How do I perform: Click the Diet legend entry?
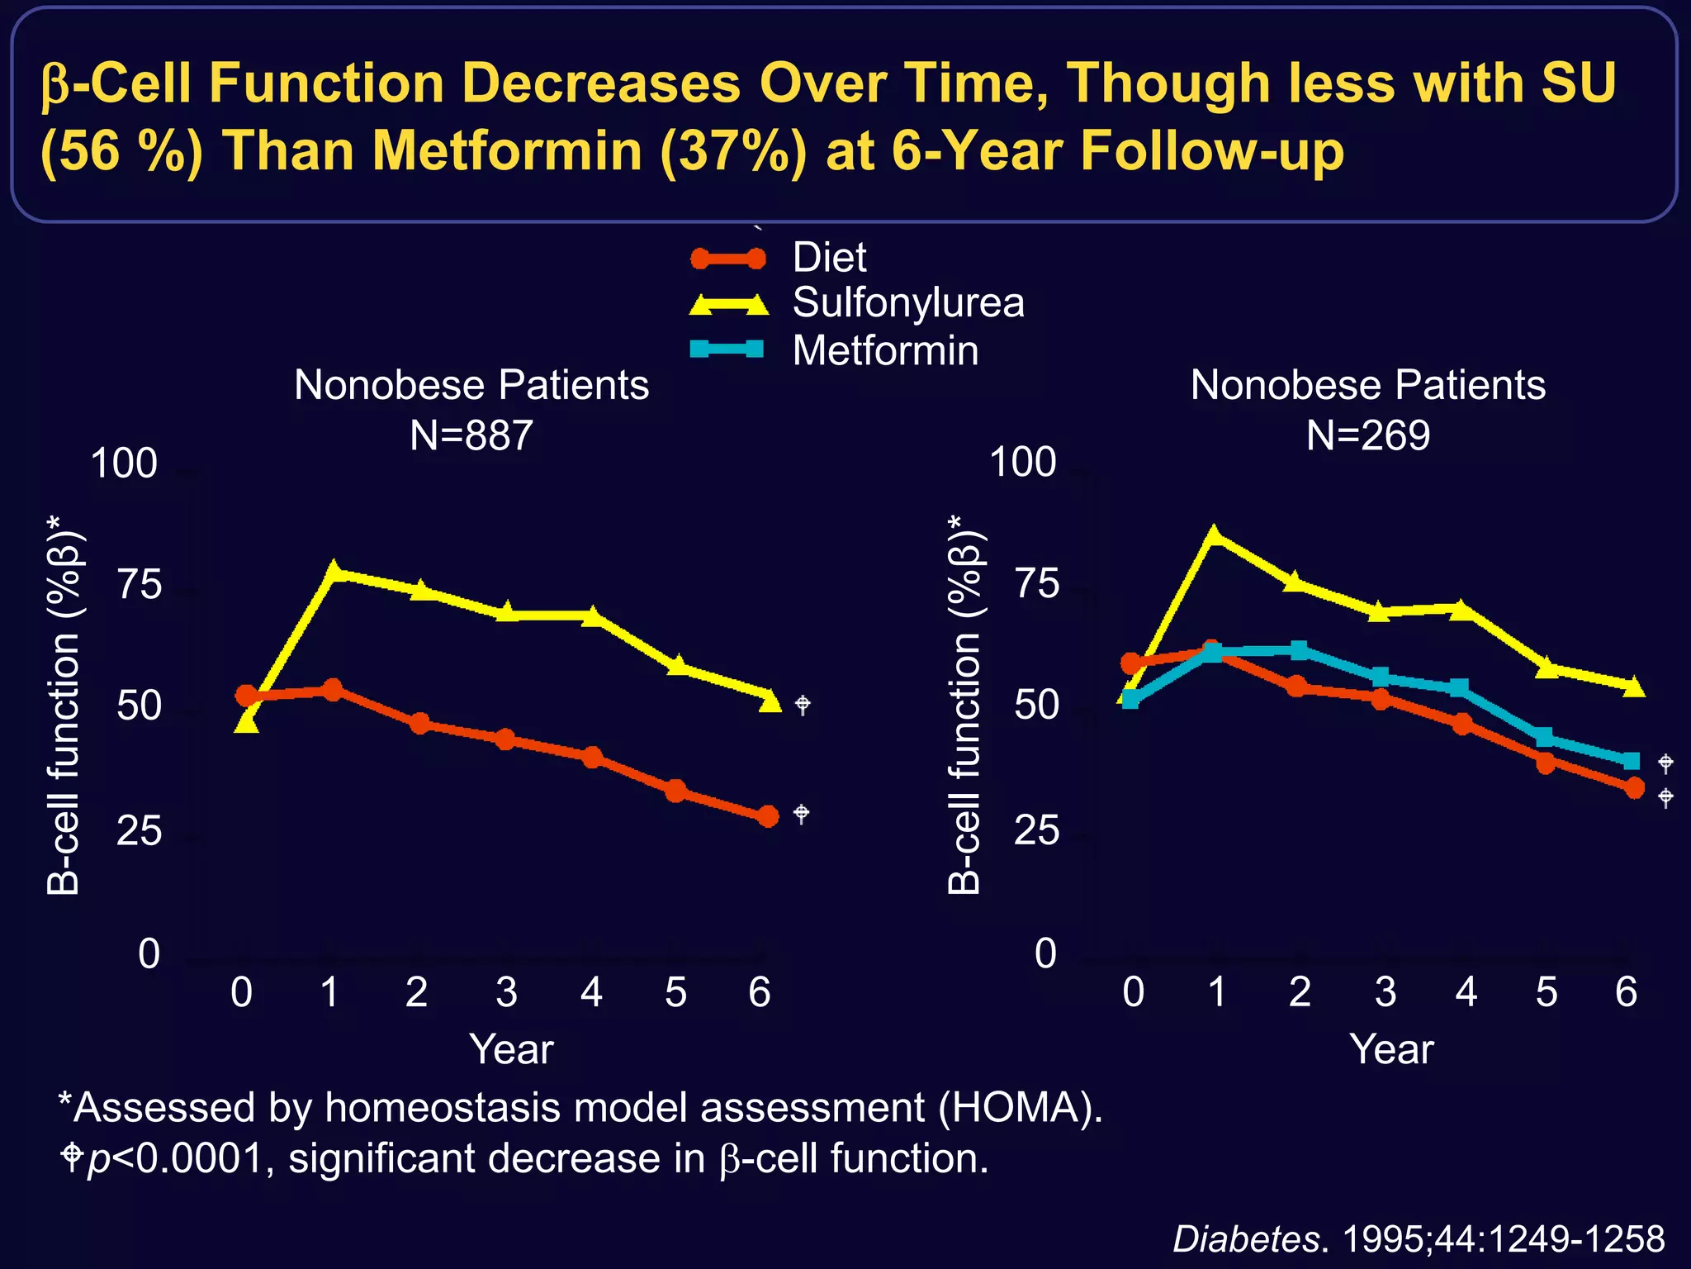click(x=828, y=258)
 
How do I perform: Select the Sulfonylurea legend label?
click(x=907, y=303)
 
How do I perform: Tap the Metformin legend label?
click(x=885, y=351)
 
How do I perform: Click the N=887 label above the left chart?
click(x=471, y=435)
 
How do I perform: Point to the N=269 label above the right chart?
click(x=1367, y=435)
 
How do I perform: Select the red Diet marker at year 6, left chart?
click(x=768, y=816)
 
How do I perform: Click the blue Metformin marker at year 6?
click(x=1631, y=761)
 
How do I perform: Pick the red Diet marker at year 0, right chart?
click(x=1132, y=663)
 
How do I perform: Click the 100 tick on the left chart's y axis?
click(x=124, y=463)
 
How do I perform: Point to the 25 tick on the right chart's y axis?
click(x=1035, y=830)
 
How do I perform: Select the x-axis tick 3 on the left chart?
click(x=506, y=992)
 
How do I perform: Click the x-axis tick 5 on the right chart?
click(x=1546, y=992)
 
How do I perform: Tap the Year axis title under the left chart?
click(x=511, y=1050)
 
